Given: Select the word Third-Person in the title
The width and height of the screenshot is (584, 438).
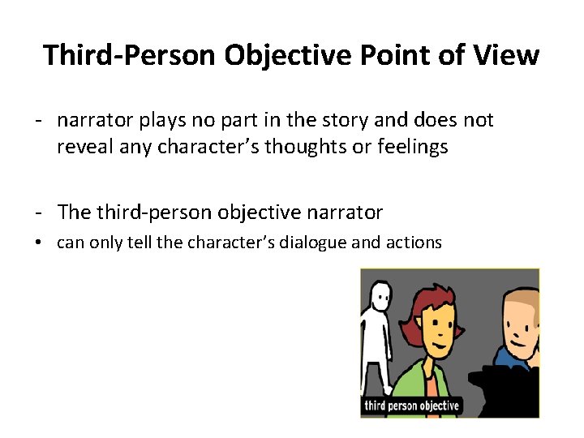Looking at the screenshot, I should coord(129,55).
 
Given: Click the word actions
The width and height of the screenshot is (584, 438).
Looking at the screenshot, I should coord(413,242).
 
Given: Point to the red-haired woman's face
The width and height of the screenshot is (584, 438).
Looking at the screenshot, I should coord(439,328).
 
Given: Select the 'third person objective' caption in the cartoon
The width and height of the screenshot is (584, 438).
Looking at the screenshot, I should coord(412,406).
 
